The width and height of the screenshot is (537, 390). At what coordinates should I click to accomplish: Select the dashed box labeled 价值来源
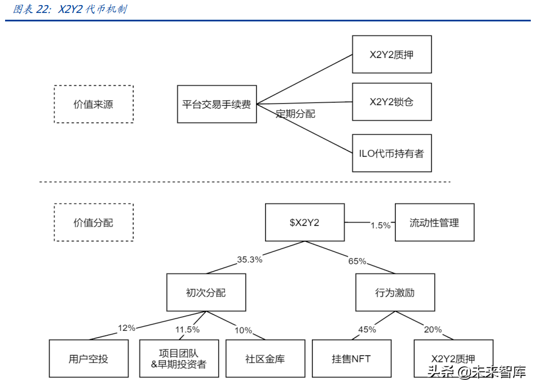pos(94,104)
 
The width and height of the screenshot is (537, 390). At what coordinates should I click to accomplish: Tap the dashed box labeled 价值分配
pos(94,223)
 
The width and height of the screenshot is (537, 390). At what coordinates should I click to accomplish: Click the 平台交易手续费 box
pos(217,104)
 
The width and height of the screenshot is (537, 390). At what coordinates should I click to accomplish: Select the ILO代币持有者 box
pos(391,153)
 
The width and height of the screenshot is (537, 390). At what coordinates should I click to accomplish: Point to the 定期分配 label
pos(296,114)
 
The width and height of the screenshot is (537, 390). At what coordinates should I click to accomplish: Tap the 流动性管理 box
pos(434,223)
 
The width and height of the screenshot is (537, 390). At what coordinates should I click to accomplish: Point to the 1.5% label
pos(380,225)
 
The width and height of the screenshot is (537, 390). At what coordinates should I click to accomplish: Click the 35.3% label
pos(249,260)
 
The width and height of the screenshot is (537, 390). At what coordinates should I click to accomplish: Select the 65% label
pos(357,262)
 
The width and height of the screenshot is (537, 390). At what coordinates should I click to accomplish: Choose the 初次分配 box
pos(206,292)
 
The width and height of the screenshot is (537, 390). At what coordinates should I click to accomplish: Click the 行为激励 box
pos(395,292)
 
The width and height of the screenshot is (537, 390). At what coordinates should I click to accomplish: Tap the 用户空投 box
pos(89,358)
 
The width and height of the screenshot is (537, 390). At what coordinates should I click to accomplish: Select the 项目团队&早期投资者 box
pos(179,358)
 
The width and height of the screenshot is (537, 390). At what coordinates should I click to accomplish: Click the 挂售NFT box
pos(351,358)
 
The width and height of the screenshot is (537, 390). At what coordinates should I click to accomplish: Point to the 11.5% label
pos(187,330)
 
